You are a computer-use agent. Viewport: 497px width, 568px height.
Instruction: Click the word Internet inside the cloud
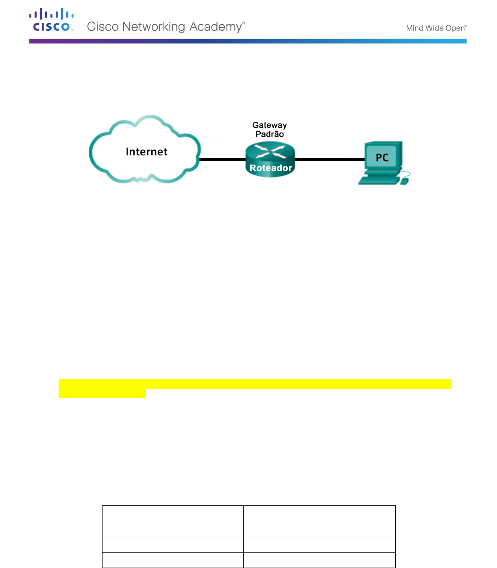coord(146,152)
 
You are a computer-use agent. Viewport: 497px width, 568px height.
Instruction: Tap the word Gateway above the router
coord(269,125)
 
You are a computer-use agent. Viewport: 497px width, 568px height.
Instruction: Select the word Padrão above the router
coord(269,134)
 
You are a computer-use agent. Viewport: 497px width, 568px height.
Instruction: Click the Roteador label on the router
coord(271,168)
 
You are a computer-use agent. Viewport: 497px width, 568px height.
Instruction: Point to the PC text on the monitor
coord(382,157)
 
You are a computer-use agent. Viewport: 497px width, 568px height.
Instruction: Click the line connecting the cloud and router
coord(222,159)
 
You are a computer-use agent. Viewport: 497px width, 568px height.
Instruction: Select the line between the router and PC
coord(329,159)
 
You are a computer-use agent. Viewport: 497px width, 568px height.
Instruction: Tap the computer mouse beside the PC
coord(404,181)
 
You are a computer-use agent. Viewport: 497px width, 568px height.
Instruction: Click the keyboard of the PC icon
coord(378,181)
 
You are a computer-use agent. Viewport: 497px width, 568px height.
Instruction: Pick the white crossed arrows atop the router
coord(270,151)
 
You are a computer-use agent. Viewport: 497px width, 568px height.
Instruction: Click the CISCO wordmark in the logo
coord(51,27)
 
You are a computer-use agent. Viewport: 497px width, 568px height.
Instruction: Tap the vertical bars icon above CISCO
coord(51,13)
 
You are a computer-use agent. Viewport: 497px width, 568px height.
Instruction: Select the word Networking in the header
coord(154,27)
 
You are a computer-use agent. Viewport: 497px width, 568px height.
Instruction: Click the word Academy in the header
coord(216,27)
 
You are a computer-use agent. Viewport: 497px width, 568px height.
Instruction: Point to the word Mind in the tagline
coord(414,28)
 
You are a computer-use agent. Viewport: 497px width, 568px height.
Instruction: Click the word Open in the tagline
coord(455,28)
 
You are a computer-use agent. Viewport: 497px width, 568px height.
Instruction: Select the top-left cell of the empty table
coord(173,513)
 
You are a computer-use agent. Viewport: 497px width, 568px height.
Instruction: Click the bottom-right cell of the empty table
coord(319,560)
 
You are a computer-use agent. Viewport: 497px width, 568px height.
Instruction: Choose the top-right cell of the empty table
coord(319,513)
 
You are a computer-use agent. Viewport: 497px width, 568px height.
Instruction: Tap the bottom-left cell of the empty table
coord(173,560)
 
